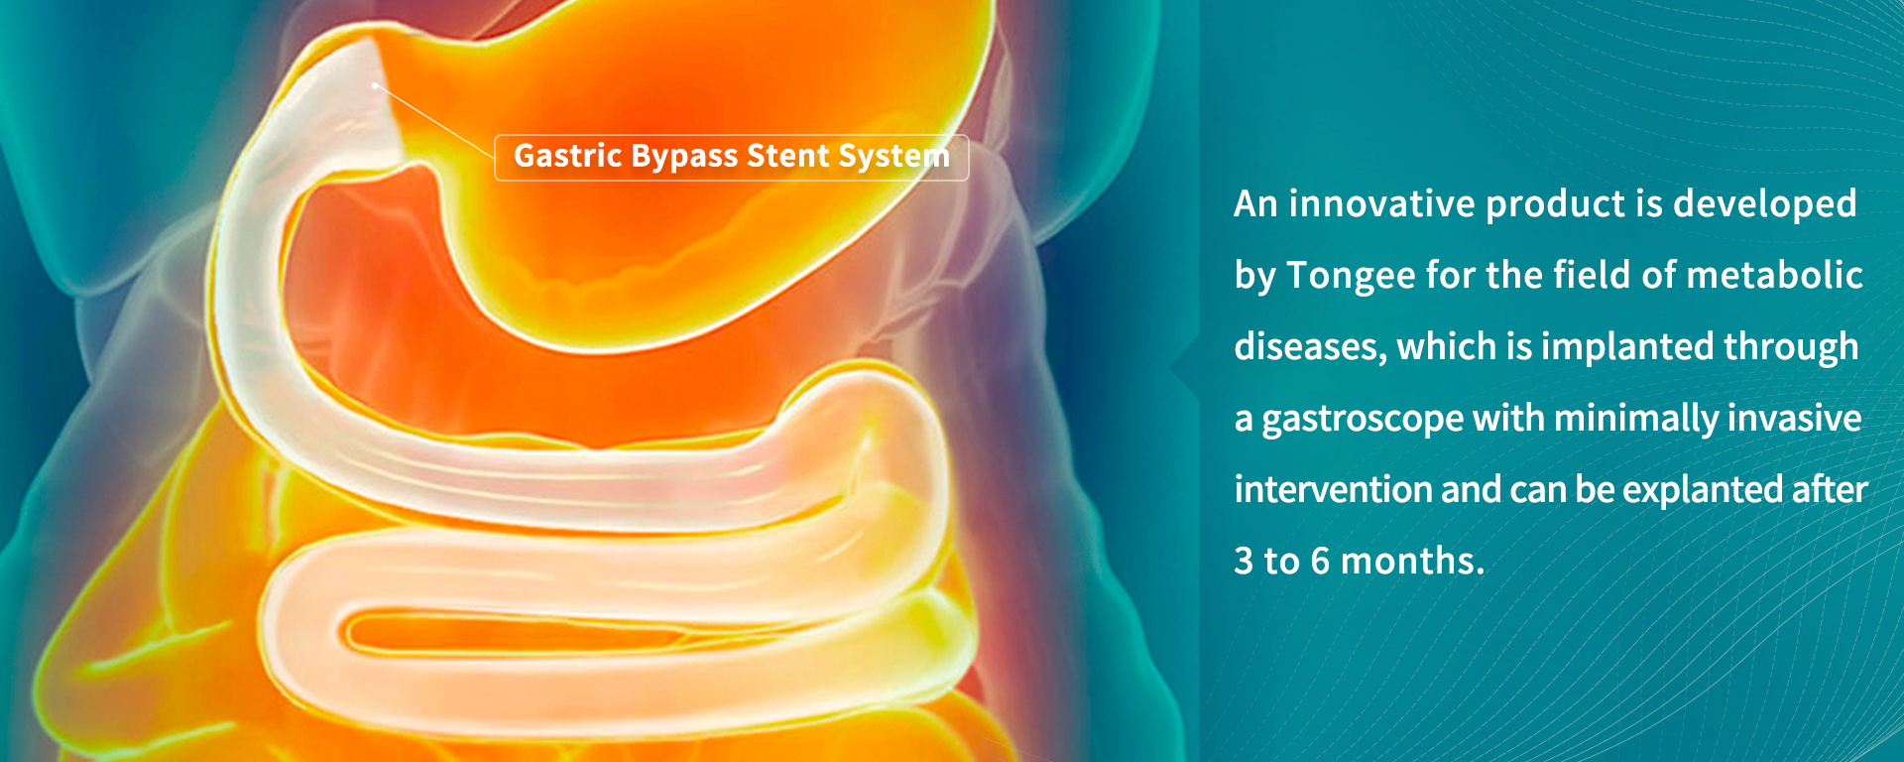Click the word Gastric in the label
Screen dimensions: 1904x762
click(568, 156)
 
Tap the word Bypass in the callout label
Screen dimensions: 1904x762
click(685, 158)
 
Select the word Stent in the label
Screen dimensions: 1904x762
click(788, 156)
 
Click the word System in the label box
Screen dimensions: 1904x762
click(894, 158)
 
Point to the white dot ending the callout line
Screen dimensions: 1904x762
click(375, 85)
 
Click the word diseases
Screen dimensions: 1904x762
click(1310, 347)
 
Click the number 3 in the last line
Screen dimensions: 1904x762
click(1244, 562)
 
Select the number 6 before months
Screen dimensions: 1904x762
click(1320, 562)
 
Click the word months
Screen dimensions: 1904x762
click(1412, 562)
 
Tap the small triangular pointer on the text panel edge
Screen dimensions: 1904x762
click(1184, 367)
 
